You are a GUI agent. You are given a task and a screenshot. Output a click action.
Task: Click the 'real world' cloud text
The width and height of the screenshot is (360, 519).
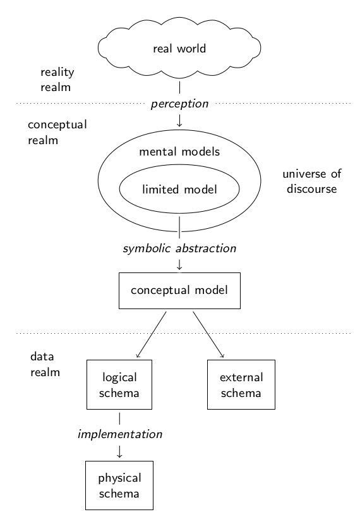click(179, 49)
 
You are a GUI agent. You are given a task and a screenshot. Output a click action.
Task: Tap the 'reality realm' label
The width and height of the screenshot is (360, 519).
click(57, 80)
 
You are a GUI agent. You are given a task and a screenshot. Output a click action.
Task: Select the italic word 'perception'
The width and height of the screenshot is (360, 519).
click(179, 104)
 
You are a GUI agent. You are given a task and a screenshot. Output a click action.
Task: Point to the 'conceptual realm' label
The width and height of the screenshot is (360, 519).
click(57, 132)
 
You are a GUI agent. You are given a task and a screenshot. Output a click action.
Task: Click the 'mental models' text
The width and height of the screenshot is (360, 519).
click(179, 152)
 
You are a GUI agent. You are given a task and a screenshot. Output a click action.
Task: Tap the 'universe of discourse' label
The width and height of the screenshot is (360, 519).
click(312, 181)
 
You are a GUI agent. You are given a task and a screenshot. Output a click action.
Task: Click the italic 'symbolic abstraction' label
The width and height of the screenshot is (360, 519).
click(179, 248)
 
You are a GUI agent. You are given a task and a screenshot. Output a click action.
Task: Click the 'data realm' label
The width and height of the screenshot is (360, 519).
click(45, 364)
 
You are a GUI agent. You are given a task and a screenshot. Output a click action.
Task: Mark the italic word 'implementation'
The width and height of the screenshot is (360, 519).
click(119, 434)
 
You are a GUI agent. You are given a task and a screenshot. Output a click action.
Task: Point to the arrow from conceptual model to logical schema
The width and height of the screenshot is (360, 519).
click(151, 334)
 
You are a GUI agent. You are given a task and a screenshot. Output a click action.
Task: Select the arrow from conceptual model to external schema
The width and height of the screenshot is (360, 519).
click(208, 334)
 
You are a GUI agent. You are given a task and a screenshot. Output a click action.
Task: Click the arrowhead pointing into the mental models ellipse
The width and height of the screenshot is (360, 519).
click(179, 125)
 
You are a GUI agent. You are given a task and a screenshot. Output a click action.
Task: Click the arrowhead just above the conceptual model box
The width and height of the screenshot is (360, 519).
click(179, 268)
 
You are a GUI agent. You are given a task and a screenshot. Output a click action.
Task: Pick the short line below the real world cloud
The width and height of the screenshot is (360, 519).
click(179, 87)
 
